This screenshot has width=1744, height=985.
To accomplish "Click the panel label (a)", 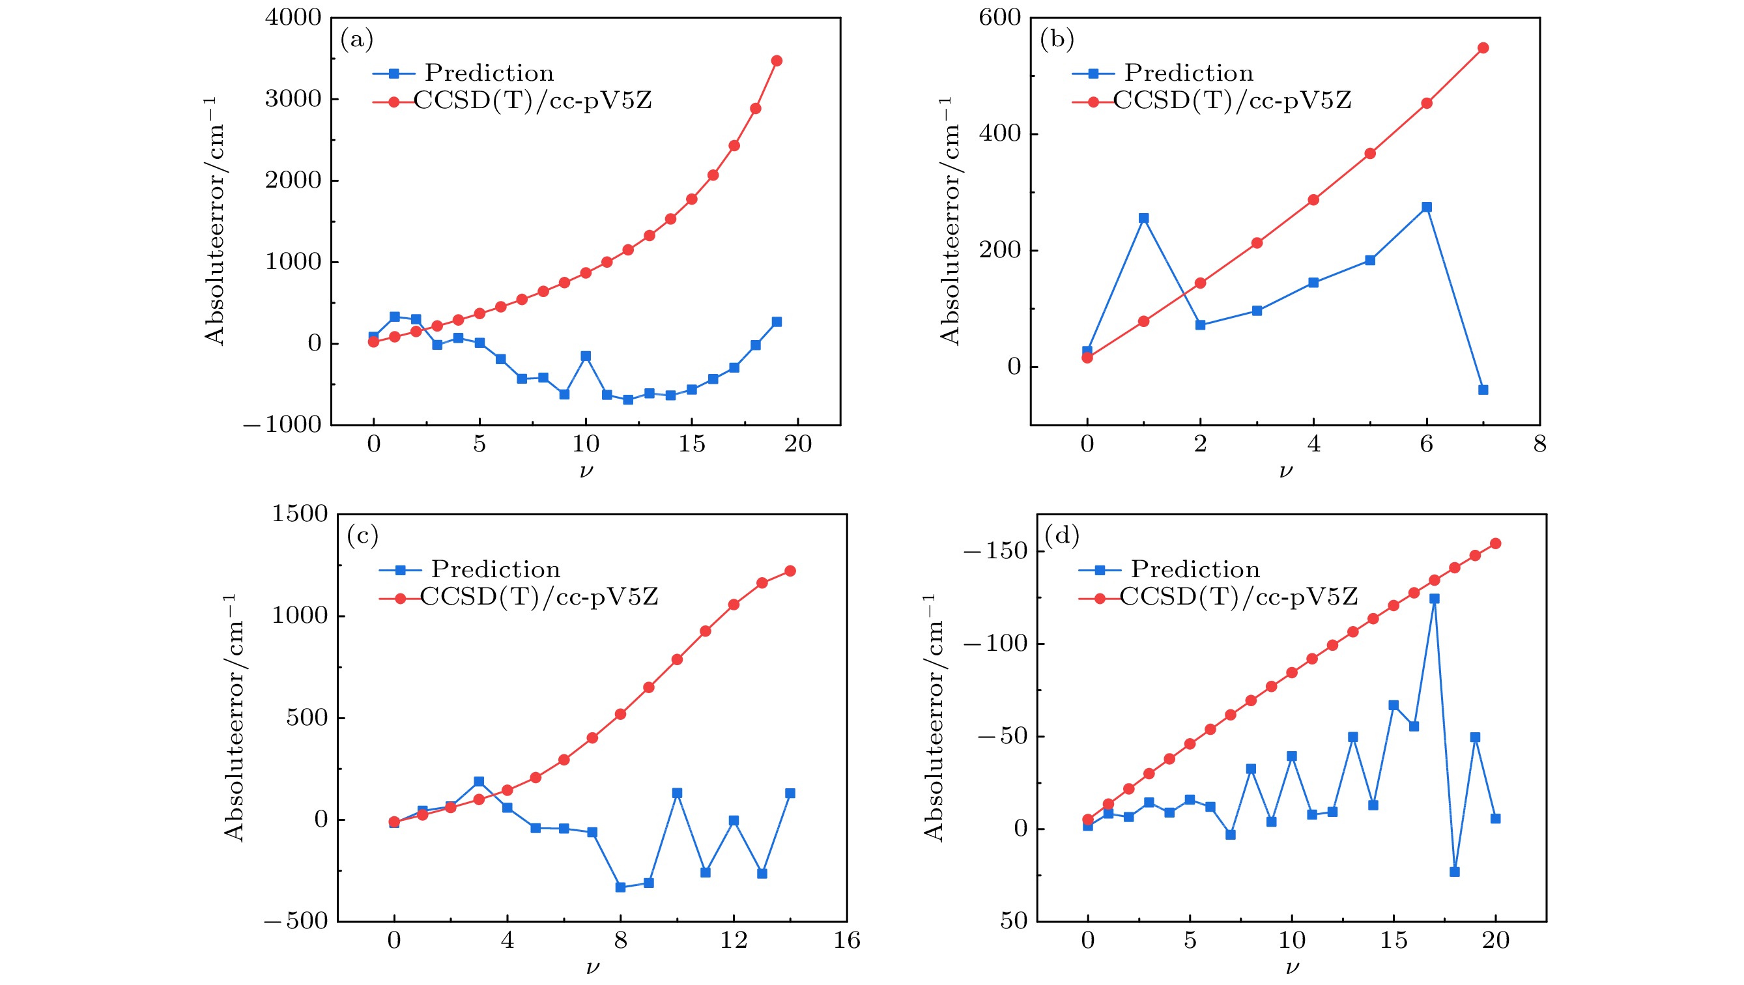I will pyautogui.click(x=357, y=40).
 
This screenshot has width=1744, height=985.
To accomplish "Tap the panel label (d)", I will pyautogui.click(x=1061, y=535).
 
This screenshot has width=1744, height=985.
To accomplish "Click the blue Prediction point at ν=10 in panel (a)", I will pyautogui.click(x=586, y=356).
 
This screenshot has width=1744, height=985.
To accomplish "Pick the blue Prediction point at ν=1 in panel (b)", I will pyautogui.click(x=1143, y=218).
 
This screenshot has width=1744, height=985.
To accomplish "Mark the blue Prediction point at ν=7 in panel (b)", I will pyautogui.click(x=1483, y=390).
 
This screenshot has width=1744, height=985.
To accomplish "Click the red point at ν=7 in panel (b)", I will pyautogui.click(x=1483, y=48).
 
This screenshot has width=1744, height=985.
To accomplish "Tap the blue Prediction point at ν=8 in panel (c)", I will pyautogui.click(x=620, y=887).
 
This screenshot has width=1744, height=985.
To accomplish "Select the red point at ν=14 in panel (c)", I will pyautogui.click(x=790, y=571).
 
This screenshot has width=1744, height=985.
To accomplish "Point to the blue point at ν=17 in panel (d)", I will pyautogui.click(x=1434, y=599).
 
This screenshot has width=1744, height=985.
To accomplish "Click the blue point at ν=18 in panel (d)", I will pyautogui.click(x=1454, y=872).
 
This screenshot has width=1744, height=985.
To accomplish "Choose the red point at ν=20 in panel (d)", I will pyautogui.click(x=1496, y=543).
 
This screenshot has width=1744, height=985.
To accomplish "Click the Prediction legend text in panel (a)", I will pyautogui.click(x=489, y=73).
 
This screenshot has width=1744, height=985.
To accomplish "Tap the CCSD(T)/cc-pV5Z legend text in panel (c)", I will pyautogui.click(x=539, y=597).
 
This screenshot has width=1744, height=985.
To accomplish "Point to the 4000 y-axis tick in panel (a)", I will pyautogui.click(x=293, y=18).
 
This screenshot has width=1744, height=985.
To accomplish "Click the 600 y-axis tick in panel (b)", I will pyautogui.click(x=999, y=18).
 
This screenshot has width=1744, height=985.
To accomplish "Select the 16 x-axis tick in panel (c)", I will pyautogui.click(x=847, y=940).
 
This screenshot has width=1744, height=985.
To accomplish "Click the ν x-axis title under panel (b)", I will pyautogui.click(x=1285, y=470).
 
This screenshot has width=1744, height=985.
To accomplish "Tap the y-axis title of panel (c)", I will pyautogui.click(x=234, y=718).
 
